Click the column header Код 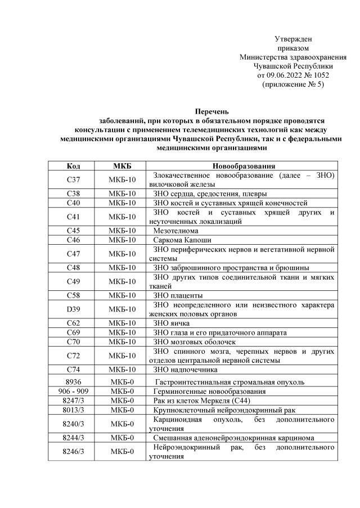73,166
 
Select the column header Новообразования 243,166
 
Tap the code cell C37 73,179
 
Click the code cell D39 73,309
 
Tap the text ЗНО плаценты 178,295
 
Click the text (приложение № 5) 293,84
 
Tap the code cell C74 73,370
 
